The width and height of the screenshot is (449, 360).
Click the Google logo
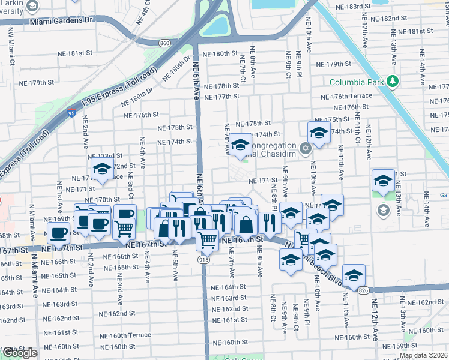pos(20,353)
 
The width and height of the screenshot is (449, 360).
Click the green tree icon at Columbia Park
pos(393,81)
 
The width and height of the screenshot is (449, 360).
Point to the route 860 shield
pos(165,43)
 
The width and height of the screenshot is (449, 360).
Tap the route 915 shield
pos(204,259)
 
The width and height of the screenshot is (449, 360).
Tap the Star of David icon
pos(306,148)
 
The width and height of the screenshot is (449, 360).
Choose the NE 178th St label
pos(221,86)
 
